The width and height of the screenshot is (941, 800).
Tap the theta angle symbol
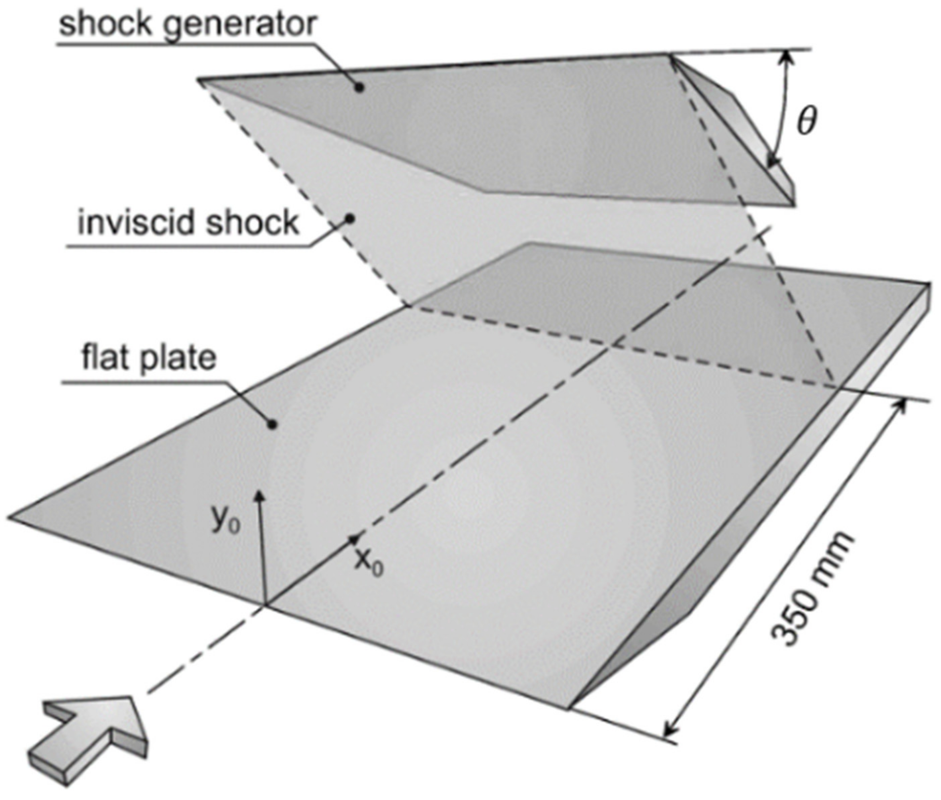[x=806, y=122]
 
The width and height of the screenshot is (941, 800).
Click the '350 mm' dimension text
[x=812, y=590]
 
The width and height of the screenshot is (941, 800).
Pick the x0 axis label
[x=368, y=563]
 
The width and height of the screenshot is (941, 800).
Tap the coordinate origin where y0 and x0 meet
[x=265, y=604]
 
